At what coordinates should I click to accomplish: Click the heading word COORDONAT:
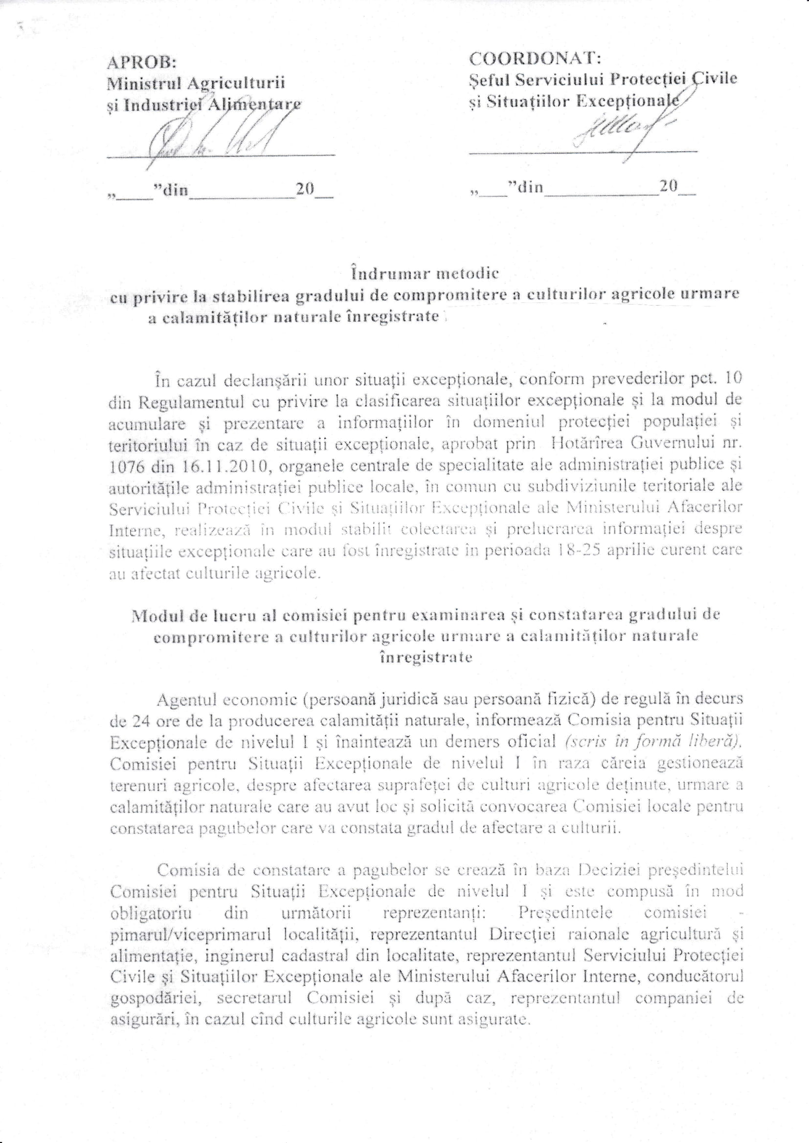536,59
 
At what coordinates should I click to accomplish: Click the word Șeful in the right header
489,80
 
